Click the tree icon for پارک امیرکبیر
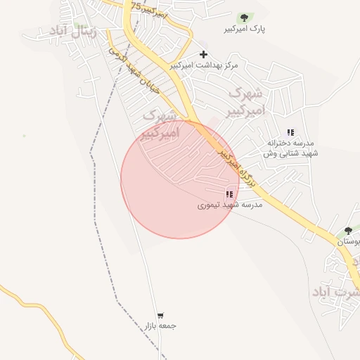tap(244, 18)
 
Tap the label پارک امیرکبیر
tap(244, 30)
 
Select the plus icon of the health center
tap(204, 54)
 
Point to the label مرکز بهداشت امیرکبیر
tap(204, 65)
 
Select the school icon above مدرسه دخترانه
tap(290, 132)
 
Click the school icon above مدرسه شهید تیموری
tap(229, 194)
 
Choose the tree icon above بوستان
tap(348, 231)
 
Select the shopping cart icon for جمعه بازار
tap(161, 316)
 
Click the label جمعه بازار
tap(160, 326)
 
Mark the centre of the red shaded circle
tap(179, 179)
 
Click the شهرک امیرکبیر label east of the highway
tap(246, 101)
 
